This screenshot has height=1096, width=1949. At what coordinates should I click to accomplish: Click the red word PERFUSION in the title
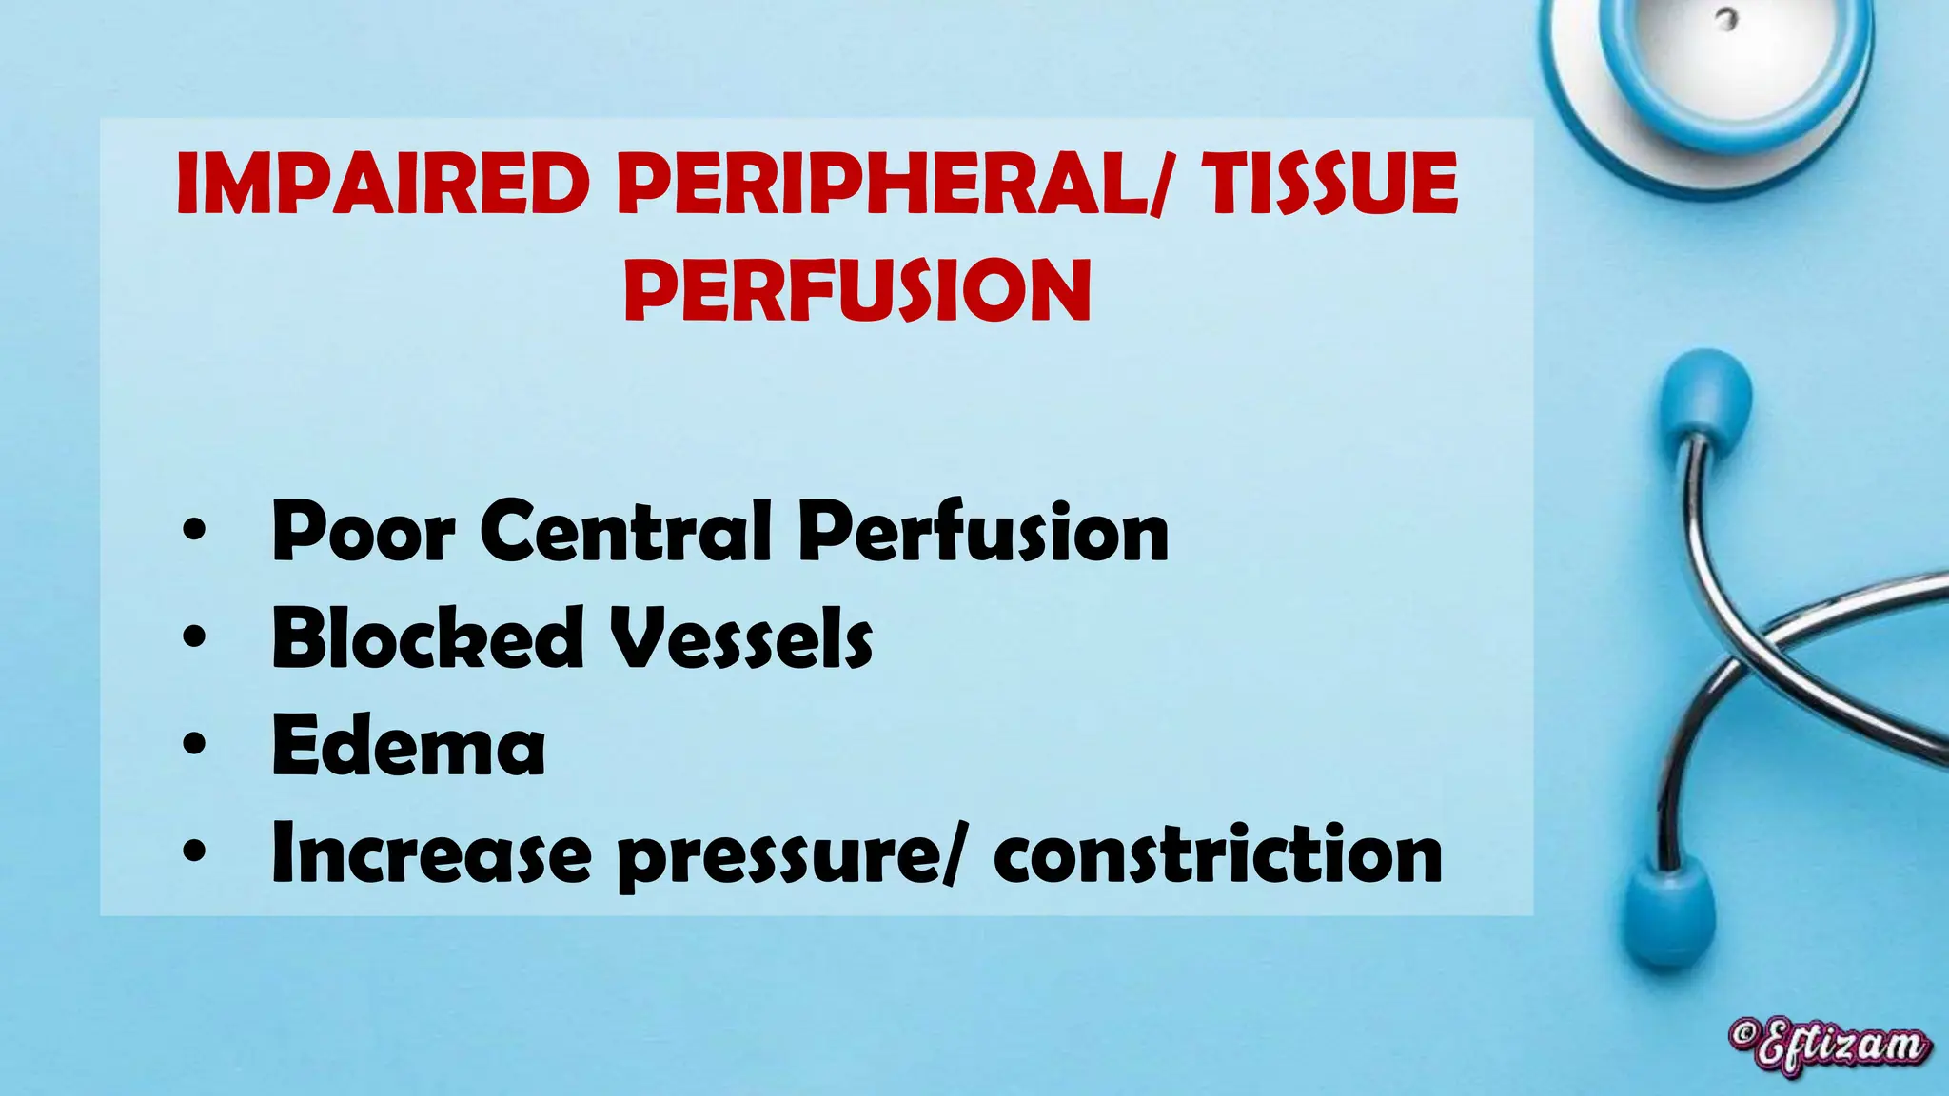(x=857, y=289)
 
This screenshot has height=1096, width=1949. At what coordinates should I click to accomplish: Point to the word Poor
(x=363, y=532)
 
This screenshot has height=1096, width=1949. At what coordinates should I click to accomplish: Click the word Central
(x=625, y=532)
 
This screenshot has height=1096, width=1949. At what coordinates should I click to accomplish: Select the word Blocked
(x=427, y=638)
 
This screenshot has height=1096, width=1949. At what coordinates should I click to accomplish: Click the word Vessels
(x=740, y=638)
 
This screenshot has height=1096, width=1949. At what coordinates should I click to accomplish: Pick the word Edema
(x=408, y=746)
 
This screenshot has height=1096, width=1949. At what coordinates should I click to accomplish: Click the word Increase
(x=430, y=854)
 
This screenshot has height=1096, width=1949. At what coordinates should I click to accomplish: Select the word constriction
(x=1217, y=854)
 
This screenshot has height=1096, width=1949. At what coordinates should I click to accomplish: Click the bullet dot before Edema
(x=194, y=746)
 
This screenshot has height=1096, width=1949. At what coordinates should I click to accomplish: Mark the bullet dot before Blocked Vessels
(x=194, y=638)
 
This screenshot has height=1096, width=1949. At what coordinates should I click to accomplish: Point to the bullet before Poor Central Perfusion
(x=194, y=532)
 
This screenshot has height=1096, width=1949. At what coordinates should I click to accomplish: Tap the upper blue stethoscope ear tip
(x=1705, y=395)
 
